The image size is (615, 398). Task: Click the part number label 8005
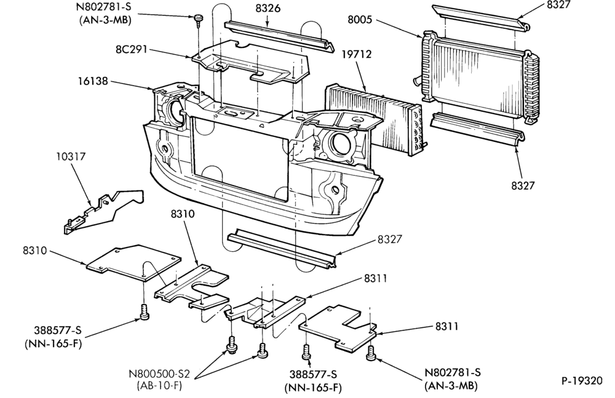click(x=359, y=19)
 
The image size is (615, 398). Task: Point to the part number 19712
click(x=356, y=54)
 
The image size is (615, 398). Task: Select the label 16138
click(x=93, y=81)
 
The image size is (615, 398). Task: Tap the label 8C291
click(x=131, y=49)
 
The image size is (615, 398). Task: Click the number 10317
click(x=71, y=156)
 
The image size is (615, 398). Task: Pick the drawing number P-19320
click(x=581, y=381)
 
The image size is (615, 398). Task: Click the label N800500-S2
click(x=159, y=373)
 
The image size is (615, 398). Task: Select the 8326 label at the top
click(x=268, y=8)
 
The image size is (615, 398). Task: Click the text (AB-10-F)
click(x=159, y=385)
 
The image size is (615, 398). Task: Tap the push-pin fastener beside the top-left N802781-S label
click(x=198, y=20)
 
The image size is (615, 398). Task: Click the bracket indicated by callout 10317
click(x=103, y=213)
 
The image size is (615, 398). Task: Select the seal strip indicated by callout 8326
click(x=280, y=36)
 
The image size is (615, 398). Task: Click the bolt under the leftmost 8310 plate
click(x=144, y=313)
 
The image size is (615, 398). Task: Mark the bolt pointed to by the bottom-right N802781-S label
click(x=371, y=353)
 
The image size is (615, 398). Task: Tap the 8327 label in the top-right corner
click(x=558, y=5)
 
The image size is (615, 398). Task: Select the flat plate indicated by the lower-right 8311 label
click(x=338, y=327)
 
